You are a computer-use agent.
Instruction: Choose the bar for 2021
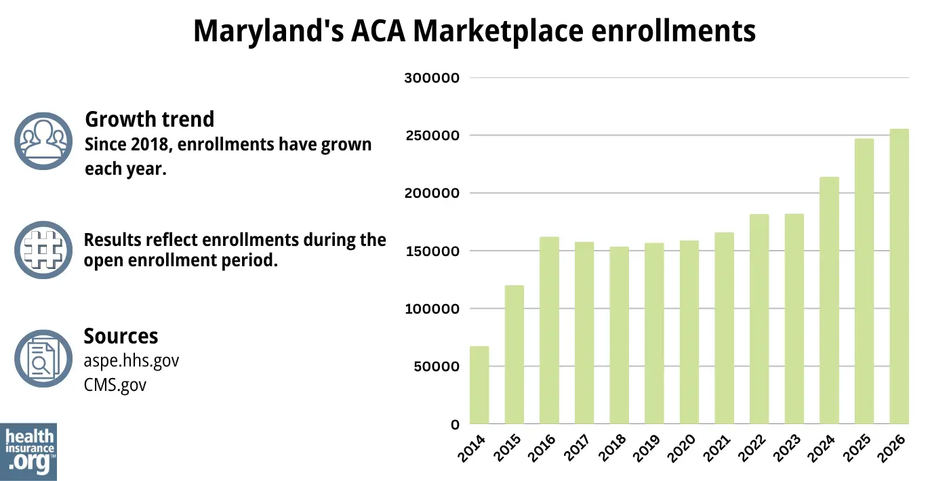(724, 328)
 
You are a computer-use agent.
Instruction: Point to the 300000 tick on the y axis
(432, 78)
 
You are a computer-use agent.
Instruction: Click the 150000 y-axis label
(432, 251)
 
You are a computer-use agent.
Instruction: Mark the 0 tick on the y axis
(455, 425)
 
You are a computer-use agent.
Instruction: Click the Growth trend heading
(149, 119)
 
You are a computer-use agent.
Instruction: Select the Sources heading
(121, 336)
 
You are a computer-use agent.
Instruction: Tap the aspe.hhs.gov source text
(131, 360)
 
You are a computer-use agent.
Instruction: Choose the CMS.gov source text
(115, 385)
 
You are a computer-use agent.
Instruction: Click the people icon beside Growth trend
(43, 141)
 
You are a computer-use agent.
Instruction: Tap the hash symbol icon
(43, 250)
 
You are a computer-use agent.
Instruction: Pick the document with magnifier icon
(43, 359)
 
